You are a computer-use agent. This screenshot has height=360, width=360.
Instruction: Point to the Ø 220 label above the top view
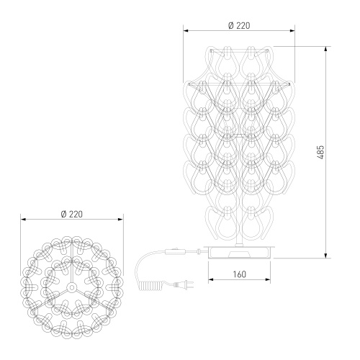pyautogui.click(x=73, y=214)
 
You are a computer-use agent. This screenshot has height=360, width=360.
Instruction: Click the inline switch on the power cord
pyautogui.click(x=174, y=252)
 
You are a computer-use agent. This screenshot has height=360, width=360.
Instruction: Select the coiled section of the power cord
pyautogui.click(x=150, y=284)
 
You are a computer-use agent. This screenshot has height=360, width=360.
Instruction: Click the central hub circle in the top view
pyautogui.click(x=73, y=286)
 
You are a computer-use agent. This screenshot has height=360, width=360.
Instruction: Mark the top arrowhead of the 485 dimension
pyautogui.click(x=328, y=49)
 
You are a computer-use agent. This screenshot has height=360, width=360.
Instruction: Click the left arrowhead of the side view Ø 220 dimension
pyautogui.click(x=184, y=31)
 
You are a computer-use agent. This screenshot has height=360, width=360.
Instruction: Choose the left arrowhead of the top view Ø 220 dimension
pyautogui.click(x=23, y=220)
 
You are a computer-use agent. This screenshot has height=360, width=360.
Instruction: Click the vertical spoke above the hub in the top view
pyautogui.click(x=73, y=266)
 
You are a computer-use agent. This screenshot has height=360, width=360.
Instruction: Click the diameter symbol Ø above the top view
pyautogui.click(x=64, y=214)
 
